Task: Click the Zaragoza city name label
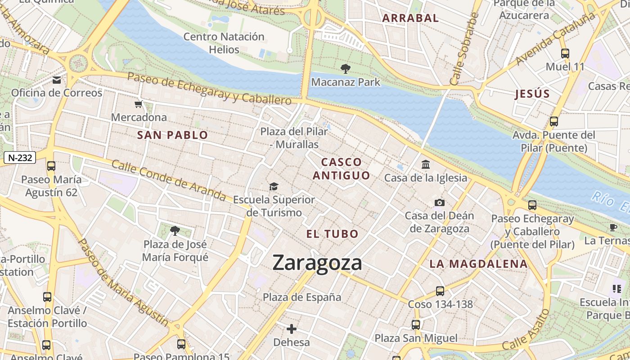317,263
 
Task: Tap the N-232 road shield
19,157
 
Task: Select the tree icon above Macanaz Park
345,69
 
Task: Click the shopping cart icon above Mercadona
138,104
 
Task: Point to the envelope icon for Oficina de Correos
57,80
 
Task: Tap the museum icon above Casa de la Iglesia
426,165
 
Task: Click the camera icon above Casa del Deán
440,203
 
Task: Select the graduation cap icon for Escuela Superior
274,186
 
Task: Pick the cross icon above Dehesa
292,329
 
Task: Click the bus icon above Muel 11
565,54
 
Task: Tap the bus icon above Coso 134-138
440,291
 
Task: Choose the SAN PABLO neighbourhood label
172,135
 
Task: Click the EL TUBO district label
333,234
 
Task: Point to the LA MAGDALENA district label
478,264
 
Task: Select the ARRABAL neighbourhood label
410,18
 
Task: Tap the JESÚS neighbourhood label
532,94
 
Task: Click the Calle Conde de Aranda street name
169,180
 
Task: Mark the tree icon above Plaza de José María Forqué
175,231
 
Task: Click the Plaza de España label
302,297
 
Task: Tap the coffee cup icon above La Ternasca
613,227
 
